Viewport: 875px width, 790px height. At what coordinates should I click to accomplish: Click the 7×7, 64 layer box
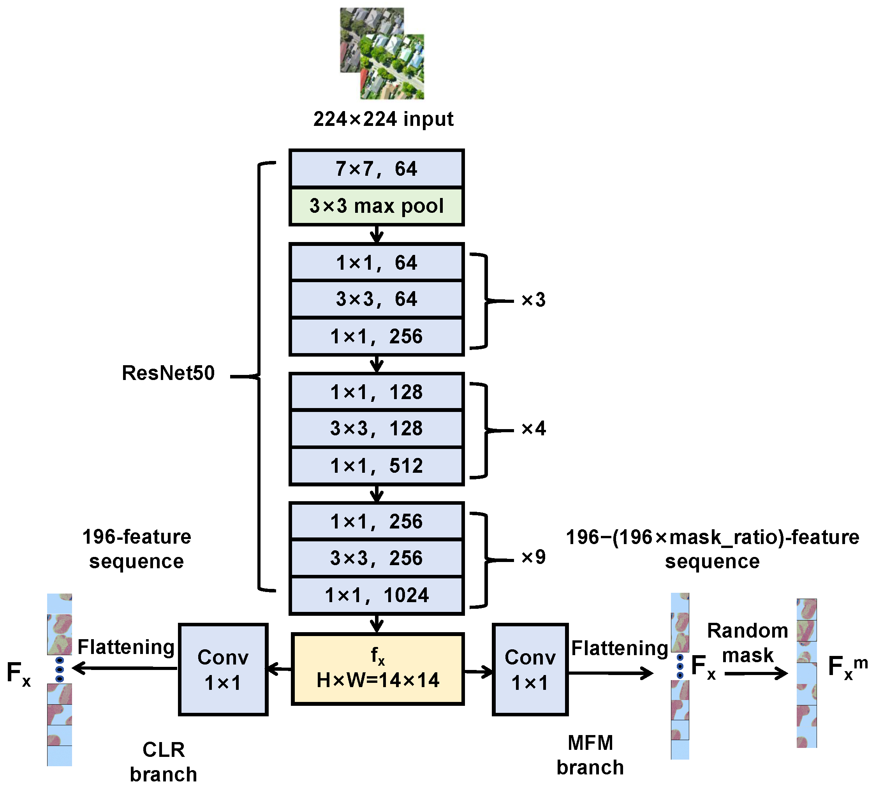376,168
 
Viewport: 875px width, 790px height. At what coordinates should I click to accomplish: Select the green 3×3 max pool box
376,206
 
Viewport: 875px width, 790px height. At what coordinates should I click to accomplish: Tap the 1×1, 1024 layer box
376,595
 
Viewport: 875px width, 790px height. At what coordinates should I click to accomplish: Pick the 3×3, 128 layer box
376,428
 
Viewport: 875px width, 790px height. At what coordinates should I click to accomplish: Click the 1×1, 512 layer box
376,466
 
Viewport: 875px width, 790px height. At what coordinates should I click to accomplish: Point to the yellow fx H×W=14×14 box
377,669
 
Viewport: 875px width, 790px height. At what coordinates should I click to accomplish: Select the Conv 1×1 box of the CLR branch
223,669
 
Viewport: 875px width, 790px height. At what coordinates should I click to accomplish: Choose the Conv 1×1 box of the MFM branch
530,669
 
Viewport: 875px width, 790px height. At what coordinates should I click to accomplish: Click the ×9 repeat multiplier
533,557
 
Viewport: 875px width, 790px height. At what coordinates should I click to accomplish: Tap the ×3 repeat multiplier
533,300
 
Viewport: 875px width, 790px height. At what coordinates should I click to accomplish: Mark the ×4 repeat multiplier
533,429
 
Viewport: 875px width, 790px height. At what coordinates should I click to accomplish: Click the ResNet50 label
168,373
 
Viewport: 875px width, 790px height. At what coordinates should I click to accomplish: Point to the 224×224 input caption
383,119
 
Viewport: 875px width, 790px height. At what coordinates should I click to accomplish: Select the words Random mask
747,643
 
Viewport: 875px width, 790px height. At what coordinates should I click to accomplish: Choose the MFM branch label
590,755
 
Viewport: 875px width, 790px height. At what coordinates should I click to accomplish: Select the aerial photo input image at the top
382,53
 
